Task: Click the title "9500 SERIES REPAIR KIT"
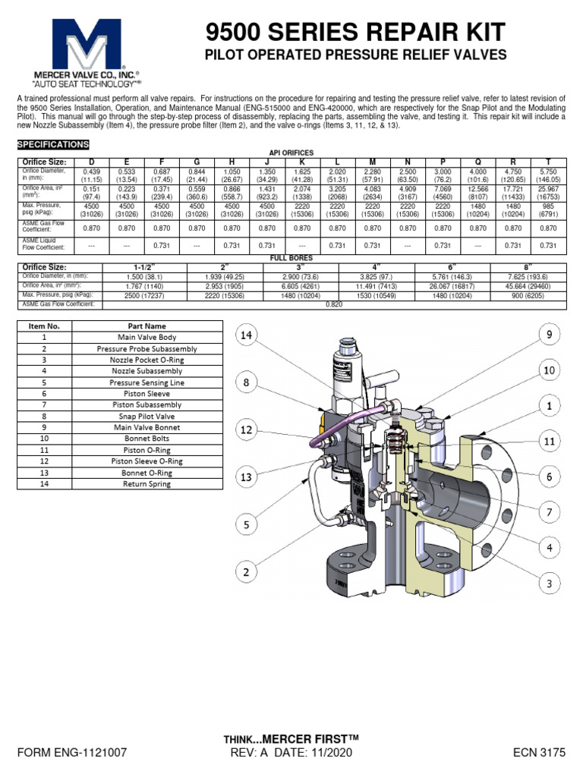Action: point(357,32)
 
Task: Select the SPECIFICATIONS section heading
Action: point(53,144)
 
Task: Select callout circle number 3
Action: point(549,583)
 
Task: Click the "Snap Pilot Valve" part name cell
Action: point(147,416)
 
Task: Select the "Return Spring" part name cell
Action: point(147,483)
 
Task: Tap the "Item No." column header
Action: point(44,326)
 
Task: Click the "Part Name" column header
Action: point(147,326)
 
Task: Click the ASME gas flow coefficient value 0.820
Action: point(334,304)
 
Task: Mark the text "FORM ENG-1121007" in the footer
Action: point(71,753)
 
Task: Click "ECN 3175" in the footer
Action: point(540,753)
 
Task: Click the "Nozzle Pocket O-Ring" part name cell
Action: point(147,360)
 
